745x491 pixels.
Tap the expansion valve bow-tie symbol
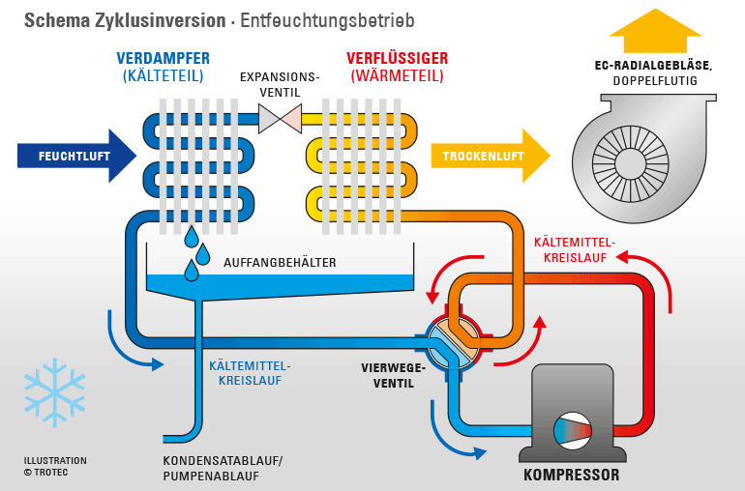click(x=280, y=119)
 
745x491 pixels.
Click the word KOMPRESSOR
click(x=571, y=475)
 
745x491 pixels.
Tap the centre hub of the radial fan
click(x=630, y=162)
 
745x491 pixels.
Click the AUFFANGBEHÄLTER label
click(x=280, y=262)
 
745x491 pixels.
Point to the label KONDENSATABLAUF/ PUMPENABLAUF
click(x=222, y=467)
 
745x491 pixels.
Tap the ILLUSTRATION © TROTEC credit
click(x=55, y=466)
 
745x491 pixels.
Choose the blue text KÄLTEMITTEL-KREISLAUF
click(x=250, y=373)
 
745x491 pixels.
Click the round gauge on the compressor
click(x=572, y=431)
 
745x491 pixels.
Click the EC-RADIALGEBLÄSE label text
click(x=653, y=66)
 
